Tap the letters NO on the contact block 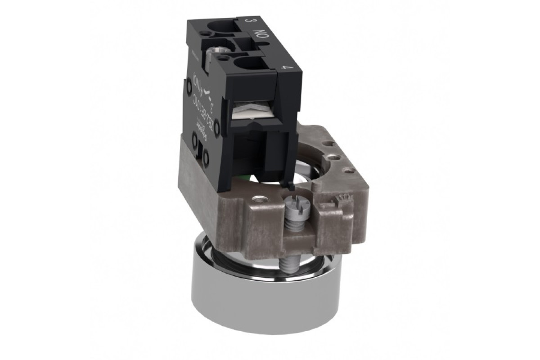pos(260,36)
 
